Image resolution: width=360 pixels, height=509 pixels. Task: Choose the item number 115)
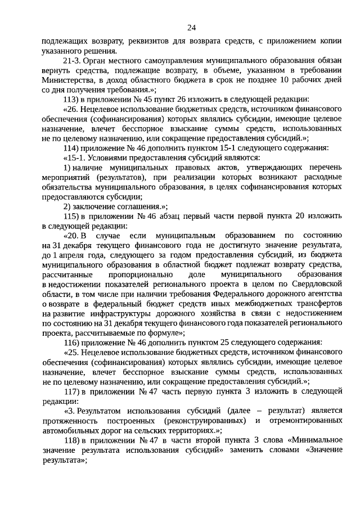73,217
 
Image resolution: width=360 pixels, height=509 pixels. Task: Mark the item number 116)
73,341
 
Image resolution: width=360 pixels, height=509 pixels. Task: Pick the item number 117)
73,390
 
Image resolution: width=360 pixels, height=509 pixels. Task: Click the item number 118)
73,440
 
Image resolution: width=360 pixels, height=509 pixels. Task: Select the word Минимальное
312,440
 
